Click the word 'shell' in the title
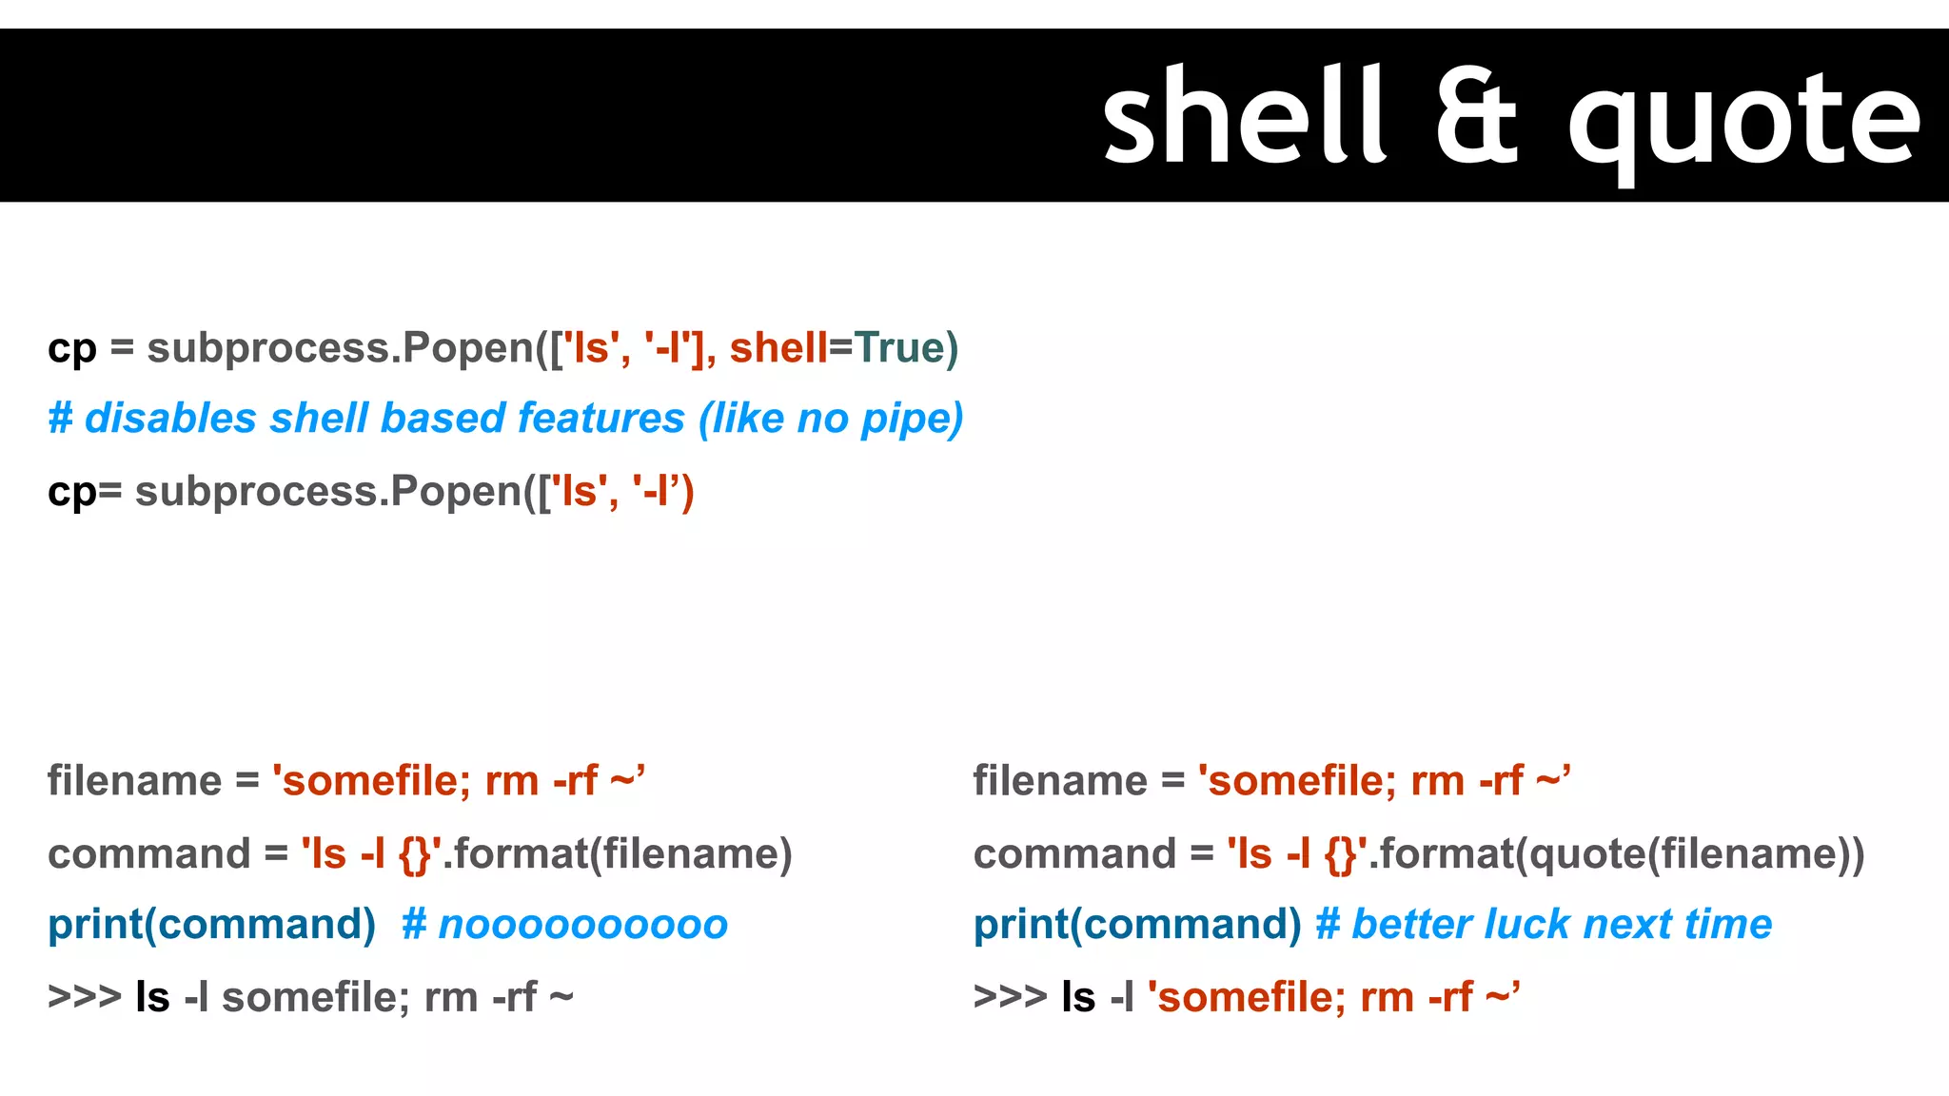coord(1242,116)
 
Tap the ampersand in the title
coord(1476,116)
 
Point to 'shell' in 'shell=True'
coord(778,347)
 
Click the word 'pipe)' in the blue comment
coord(912,419)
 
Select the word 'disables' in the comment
coord(170,419)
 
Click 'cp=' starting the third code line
coord(85,492)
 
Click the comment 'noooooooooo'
coord(582,925)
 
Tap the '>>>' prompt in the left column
coord(85,997)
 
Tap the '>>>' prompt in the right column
coord(1010,997)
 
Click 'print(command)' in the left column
coord(211,925)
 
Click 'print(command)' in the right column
coord(1136,925)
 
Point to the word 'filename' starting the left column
coord(134,781)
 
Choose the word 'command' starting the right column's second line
coord(1074,853)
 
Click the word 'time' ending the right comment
coord(1728,925)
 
